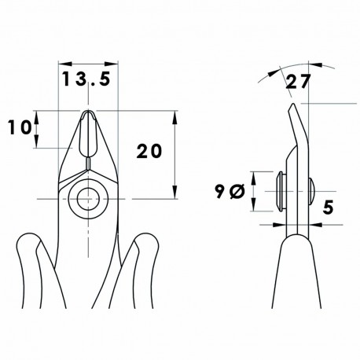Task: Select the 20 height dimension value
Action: coord(149,151)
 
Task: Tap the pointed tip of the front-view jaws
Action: coord(89,113)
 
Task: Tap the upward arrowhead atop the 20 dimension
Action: coord(174,114)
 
